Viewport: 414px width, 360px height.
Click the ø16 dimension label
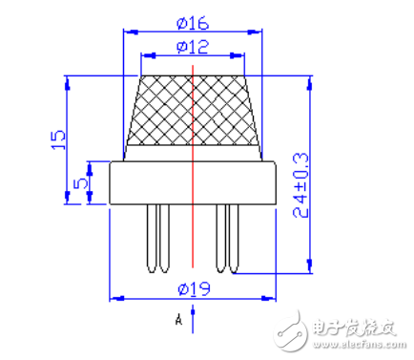pos(193,24)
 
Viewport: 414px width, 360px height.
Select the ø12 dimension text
pos(193,47)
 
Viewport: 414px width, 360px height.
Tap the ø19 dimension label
pos(194,288)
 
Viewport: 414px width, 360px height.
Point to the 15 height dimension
pos(58,139)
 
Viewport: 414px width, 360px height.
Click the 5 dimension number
pos(80,183)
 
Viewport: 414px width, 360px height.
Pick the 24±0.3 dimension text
pos(300,185)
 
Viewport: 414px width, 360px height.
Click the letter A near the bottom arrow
pos(178,319)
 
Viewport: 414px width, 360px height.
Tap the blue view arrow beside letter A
pos(193,319)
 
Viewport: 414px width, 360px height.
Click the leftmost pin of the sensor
pos(152,238)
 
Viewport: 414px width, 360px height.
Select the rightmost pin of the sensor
pos(234,238)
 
